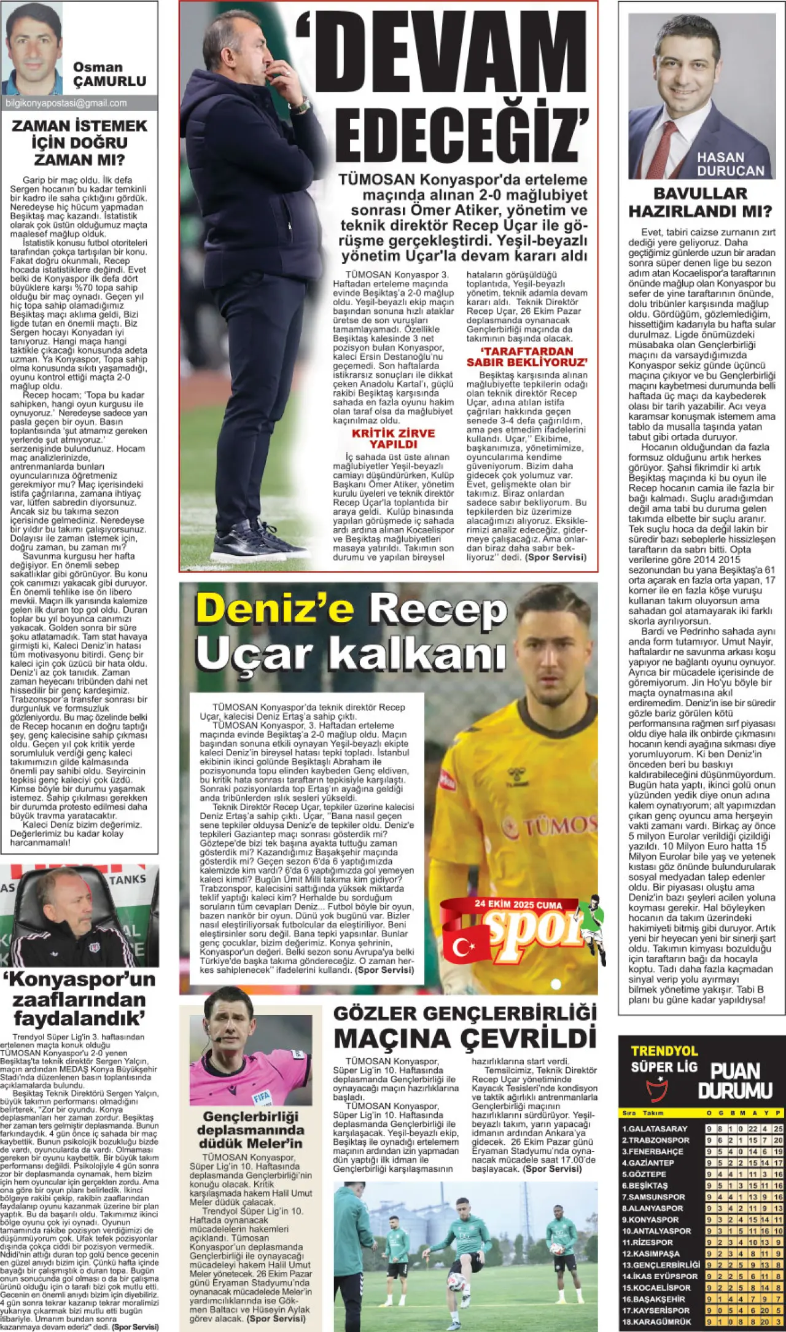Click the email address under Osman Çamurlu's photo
(x=66, y=103)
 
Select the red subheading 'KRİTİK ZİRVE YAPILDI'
(x=393, y=438)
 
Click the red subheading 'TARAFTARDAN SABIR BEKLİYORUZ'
(x=527, y=357)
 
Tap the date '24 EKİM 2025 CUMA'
(x=518, y=904)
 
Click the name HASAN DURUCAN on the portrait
(x=730, y=164)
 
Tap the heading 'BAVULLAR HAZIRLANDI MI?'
(x=700, y=203)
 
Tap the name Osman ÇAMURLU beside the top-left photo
(x=109, y=74)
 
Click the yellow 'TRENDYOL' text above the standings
(x=664, y=1051)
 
